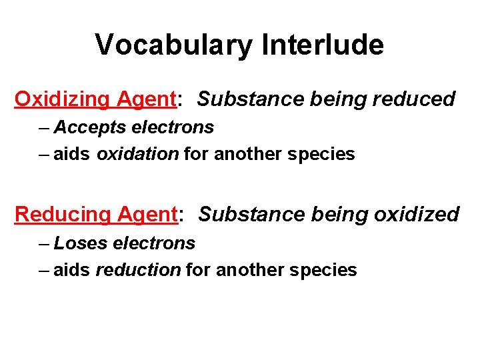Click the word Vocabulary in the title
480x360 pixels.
pos(175,45)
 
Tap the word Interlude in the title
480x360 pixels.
pos(323,45)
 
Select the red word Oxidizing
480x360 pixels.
pos(63,99)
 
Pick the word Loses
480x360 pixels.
pos(81,243)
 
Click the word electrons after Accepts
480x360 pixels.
pos(173,127)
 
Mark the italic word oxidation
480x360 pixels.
pos(137,155)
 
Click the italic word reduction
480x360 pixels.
pos(138,270)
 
